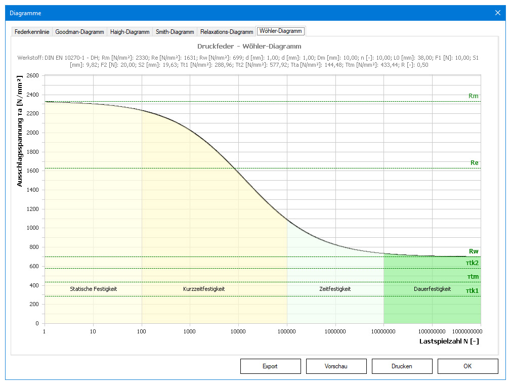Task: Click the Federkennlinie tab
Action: [32, 32]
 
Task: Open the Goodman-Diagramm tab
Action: [79, 32]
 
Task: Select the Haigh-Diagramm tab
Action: [130, 32]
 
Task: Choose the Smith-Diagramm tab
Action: [175, 32]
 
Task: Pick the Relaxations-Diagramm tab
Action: [227, 32]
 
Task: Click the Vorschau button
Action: [336, 366]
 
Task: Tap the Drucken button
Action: [402, 366]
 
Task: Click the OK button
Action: [467, 366]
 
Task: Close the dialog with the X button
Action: [498, 13]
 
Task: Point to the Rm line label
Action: [474, 96]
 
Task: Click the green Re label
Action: [475, 163]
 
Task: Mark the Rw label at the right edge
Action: [474, 251]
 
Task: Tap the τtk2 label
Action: [473, 263]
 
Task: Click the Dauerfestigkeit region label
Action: [432, 289]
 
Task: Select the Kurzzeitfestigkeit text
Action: [203, 289]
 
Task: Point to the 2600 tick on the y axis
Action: [32, 75]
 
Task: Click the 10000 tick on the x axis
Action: [238, 331]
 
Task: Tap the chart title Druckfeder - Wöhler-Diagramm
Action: [249, 47]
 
